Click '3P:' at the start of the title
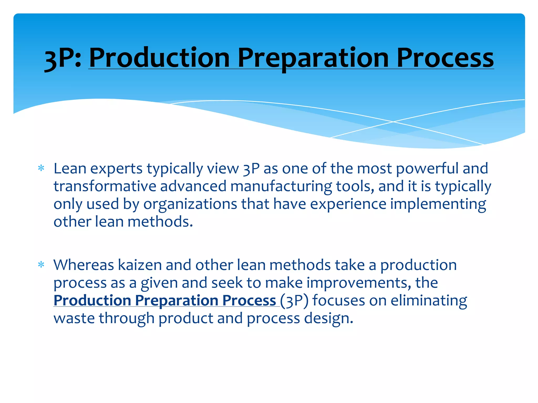[63, 58]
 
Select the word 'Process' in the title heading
[445, 58]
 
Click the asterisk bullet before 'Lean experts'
[41, 168]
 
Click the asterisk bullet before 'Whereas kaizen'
[41, 265]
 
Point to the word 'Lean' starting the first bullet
[70, 168]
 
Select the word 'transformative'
[105, 186]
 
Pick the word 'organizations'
[190, 204]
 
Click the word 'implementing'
[438, 204]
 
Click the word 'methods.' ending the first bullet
[160, 222]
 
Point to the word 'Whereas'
[84, 265]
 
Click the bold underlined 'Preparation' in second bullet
[177, 300]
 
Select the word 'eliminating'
[429, 300]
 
